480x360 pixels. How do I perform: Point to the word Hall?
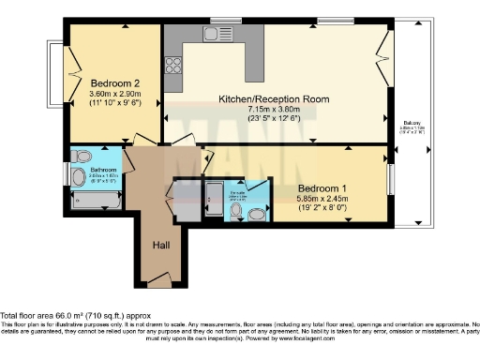click(x=162, y=246)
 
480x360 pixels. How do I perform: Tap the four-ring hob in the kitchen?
click(x=173, y=65)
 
